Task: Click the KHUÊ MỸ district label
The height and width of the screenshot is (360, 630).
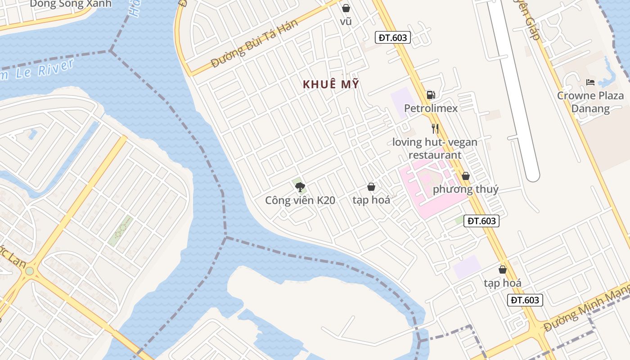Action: click(331, 85)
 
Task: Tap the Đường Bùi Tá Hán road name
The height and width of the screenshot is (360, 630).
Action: click(254, 44)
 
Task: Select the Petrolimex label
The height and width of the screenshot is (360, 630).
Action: click(431, 108)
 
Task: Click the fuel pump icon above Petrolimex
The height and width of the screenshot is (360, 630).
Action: click(431, 95)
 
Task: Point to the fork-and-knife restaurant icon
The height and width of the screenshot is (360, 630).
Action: click(435, 129)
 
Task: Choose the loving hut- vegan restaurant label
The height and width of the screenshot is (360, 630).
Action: click(435, 148)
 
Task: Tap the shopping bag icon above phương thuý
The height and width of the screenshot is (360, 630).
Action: click(466, 176)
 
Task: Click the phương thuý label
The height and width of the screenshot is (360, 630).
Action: click(465, 189)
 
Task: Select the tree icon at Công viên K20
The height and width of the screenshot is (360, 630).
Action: click(300, 187)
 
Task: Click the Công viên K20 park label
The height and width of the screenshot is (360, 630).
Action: click(300, 200)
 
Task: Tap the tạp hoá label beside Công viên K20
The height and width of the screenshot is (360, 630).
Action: click(371, 200)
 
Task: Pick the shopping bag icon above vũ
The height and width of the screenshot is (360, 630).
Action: click(346, 8)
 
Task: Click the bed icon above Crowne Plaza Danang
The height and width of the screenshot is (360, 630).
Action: click(590, 82)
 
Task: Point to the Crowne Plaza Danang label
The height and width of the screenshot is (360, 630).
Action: click(590, 102)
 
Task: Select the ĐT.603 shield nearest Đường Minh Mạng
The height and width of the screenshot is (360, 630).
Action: click(525, 300)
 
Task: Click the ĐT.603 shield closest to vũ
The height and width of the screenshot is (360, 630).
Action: click(393, 37)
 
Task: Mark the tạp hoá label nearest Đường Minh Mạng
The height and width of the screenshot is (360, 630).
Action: click(503, 283)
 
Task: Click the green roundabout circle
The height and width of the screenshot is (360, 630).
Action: click(29, 271)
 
